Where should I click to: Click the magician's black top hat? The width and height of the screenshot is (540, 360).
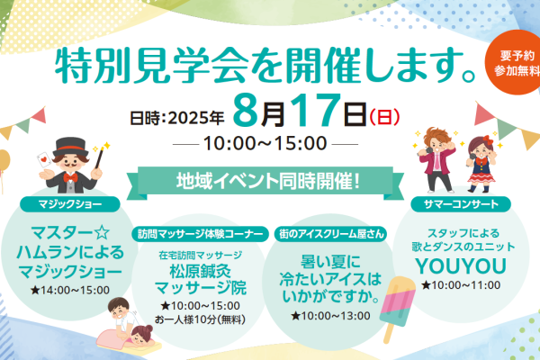coord(70,147)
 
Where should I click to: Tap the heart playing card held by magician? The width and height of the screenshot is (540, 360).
coord(44,160)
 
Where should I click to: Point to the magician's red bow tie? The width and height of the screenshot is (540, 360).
coord(70,177)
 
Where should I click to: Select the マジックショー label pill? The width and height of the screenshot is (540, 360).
coord(70,204)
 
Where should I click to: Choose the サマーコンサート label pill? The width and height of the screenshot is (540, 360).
coord(461,204)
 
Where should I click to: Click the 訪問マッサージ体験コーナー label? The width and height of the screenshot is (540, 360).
coord(200,234)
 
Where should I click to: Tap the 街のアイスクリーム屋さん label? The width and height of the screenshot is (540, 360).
coord(331,234)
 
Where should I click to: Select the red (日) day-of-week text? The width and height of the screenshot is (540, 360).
coord(384,117)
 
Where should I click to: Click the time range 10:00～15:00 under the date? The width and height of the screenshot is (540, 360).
coord(265,143)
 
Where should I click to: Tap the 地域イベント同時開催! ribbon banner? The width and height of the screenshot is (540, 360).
coord(265,183)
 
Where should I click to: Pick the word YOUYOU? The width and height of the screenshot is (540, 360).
coord(461,266)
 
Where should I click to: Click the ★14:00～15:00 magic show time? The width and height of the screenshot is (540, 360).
coord(70,290)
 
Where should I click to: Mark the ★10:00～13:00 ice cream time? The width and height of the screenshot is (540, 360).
coord(330,316)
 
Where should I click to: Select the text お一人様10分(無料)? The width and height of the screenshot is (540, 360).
coord(200,319)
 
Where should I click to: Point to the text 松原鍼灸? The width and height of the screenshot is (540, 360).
coord(200,272)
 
